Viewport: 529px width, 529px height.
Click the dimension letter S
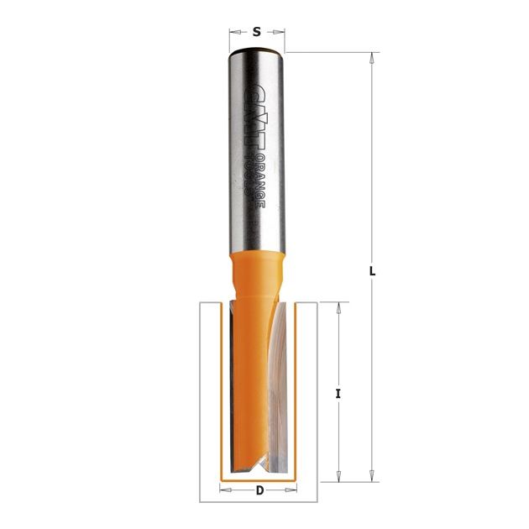pyautogui.click(x=257, y=32)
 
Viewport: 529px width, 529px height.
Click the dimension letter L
pyautogui.click(x=372, y=271)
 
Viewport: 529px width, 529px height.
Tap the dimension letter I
pyautogui.click(x=338, y=394)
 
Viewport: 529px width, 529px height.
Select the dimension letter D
pyautogui.click(x=259, y=490)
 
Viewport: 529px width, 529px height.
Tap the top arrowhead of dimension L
pyautogui.click(x=371, y=58)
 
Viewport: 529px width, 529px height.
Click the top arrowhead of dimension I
pyautogui.click(x=338, y=307)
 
